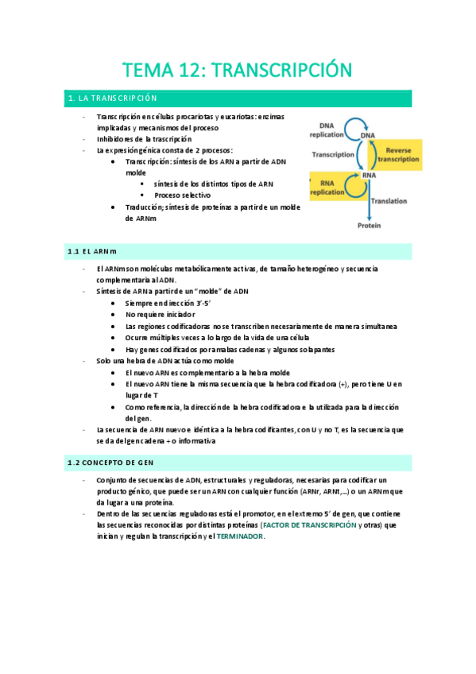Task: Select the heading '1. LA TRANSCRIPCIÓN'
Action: tap(113, 99)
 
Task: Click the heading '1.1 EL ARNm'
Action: tap(92, 251)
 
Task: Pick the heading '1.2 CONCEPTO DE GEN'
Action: tap(110, 462)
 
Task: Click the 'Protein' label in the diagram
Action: tap(368, 226)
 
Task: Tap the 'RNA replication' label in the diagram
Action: tap(327, 188)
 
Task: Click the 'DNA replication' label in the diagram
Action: tap(327, 130)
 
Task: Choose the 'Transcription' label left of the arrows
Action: tap(333, 155)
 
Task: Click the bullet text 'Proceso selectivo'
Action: tap(183, 195)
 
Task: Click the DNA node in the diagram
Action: tap(368, 136)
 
